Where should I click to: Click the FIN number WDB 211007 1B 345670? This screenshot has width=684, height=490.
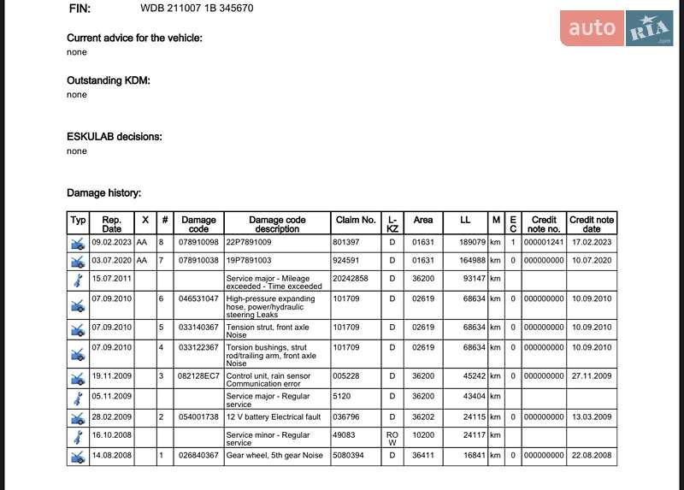click(x=197, y=9)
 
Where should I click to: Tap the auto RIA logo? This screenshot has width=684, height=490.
click(x=616, y=28)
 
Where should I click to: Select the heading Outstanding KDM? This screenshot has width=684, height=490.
click(x=109, y=80)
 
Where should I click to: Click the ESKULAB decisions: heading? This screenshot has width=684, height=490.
click(x=115, y=137)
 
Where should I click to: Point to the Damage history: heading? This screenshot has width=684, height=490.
click(x=104, y=194)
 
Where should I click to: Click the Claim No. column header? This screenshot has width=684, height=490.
click(x=355, y=220)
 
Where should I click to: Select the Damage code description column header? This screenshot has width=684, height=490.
click(x=277, y=224)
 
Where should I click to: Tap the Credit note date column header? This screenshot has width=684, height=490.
click(x=592, y=224)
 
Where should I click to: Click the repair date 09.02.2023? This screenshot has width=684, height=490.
click(x=111, y=243)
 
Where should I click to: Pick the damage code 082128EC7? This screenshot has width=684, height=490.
click(x=198, y=376)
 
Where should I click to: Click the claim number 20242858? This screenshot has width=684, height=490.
click(x=351, y=279)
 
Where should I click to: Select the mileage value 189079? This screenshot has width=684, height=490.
click(x=472, y=243)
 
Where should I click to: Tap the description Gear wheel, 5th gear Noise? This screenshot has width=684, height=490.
click(x=274, y=456)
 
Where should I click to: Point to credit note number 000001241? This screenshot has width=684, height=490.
click(x=544, y=243)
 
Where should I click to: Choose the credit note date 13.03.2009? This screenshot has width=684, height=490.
click(x=592, y=416)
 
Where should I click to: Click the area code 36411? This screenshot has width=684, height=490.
click(x=423, y=456)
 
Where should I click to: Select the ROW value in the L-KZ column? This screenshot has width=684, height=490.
click(x=392, y=438)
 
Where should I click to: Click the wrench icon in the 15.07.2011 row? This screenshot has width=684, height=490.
click(x=78, y=280)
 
